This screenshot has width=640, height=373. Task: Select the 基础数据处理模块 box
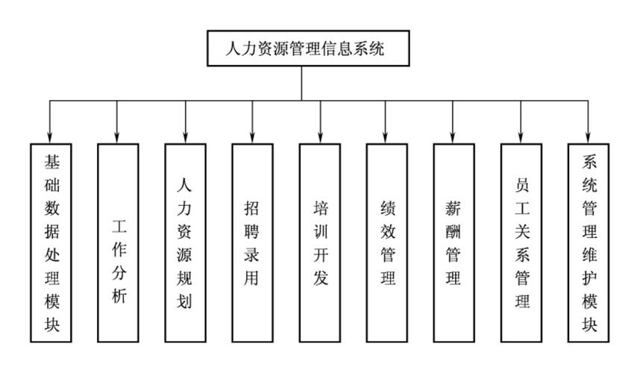51,242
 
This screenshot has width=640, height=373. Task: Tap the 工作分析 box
118,242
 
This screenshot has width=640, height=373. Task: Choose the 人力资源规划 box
185,242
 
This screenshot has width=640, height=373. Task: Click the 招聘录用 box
252,242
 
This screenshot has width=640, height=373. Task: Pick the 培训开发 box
319,242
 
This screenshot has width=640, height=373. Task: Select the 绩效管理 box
386,242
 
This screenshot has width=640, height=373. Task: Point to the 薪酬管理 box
454,242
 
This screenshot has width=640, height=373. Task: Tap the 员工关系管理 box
521,242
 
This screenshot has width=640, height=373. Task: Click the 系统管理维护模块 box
589,242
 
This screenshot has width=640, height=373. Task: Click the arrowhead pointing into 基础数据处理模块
51,137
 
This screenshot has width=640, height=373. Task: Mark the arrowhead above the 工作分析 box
118,137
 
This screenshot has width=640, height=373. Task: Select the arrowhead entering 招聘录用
252,137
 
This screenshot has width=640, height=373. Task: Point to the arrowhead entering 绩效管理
386,137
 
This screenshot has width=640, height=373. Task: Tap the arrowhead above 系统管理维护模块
589,137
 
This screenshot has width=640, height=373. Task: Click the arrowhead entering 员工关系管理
521,137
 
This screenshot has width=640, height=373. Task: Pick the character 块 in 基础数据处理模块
51,325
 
